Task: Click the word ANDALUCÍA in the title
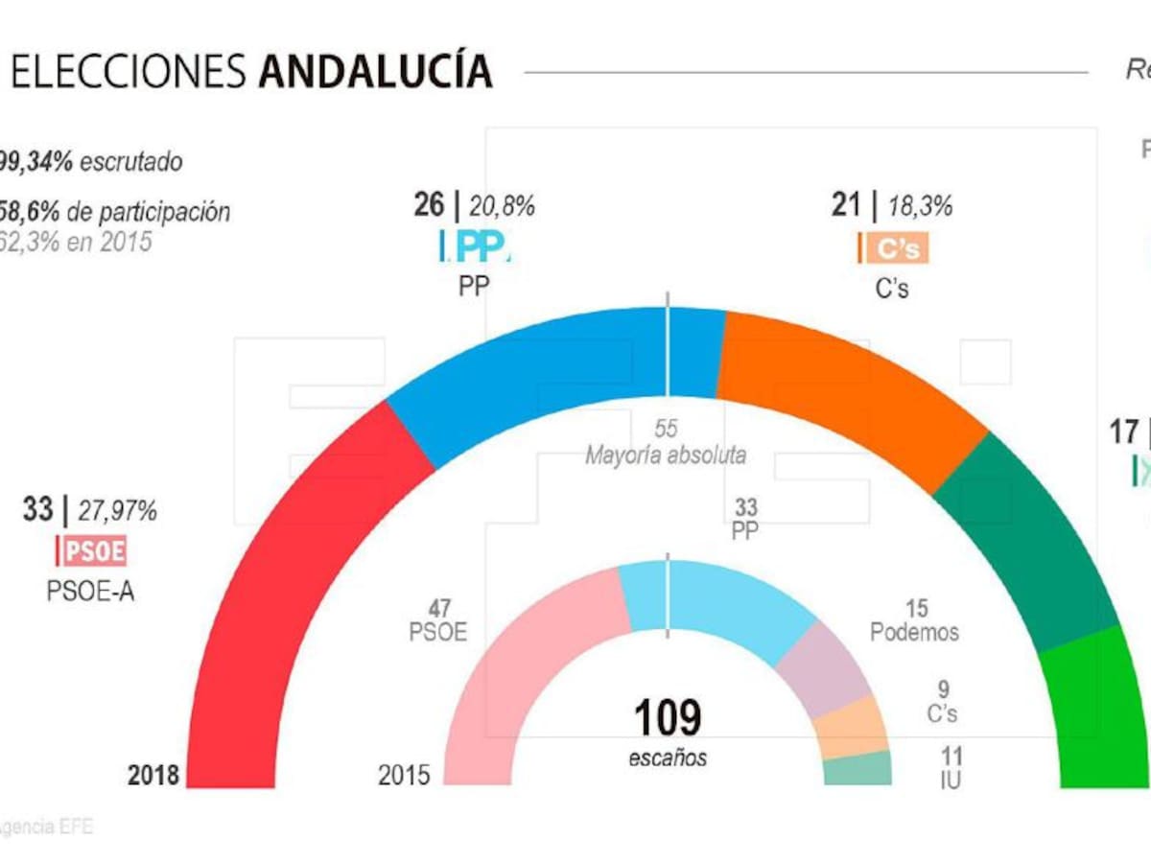click(x=375, y=72)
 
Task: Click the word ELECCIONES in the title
click(x=129, y=72)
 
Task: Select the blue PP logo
click(x=477, y=246)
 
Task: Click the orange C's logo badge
click(x=893, y=248)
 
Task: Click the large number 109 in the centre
click(x=668, y=717)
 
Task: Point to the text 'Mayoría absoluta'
click(x=666, y=455)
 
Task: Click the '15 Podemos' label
click(x=913, y=619)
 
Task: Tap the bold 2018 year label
click(x=153, y=775)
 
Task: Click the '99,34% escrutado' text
click(x=91, y=162)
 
